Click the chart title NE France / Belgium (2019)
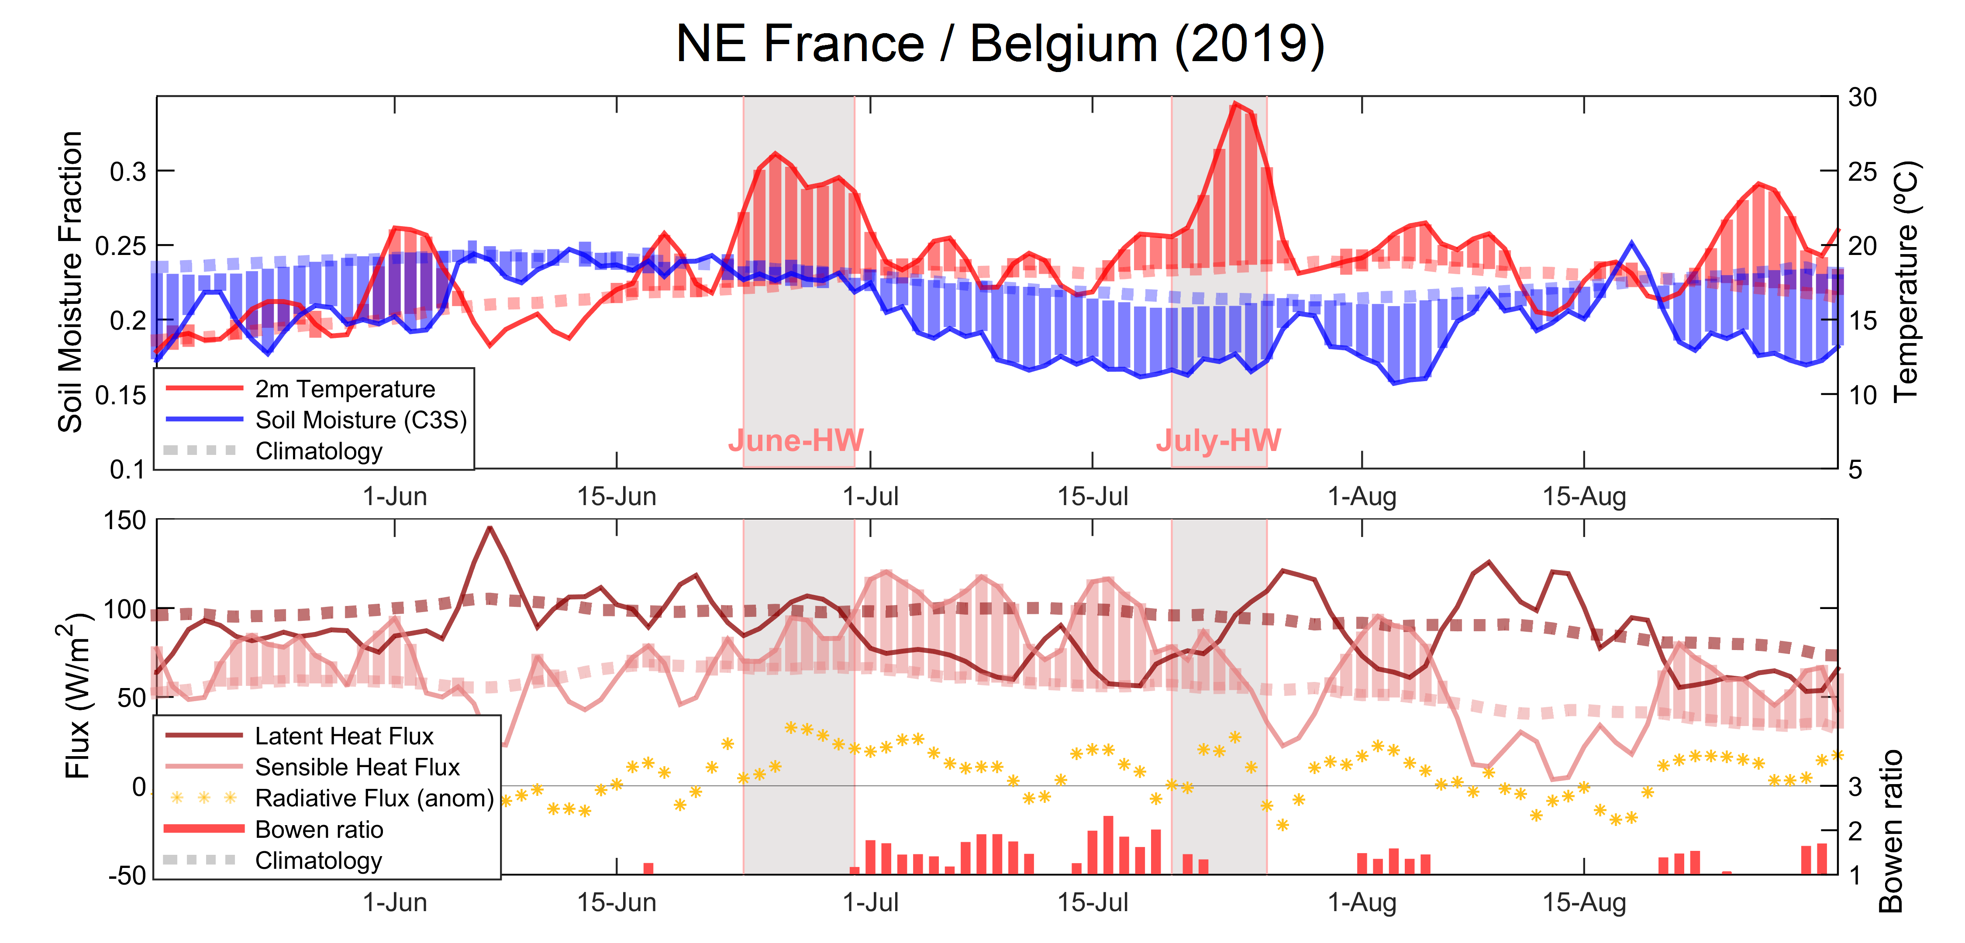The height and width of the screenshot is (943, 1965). tap(999, 44)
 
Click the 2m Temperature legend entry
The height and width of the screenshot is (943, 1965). tap(345, 389)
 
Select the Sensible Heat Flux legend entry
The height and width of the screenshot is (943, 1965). tap(357, 767)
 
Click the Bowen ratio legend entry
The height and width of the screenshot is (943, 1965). tap(319, 829)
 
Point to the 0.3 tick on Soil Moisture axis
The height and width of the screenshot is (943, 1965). tap(128, 172)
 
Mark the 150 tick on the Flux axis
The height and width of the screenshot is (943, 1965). tap(124, 521)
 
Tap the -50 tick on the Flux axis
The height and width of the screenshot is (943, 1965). tap(127, 875)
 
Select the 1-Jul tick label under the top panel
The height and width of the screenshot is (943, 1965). tap(870, 497)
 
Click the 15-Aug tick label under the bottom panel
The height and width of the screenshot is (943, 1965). tap(1584, 902)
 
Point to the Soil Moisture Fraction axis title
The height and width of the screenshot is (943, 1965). tap(70, 282)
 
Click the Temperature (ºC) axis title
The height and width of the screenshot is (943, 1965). tap(1905, 282)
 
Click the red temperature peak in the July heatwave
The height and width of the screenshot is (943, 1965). tap(1235, 104)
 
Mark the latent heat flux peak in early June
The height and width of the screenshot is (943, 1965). tap(490, 527)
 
